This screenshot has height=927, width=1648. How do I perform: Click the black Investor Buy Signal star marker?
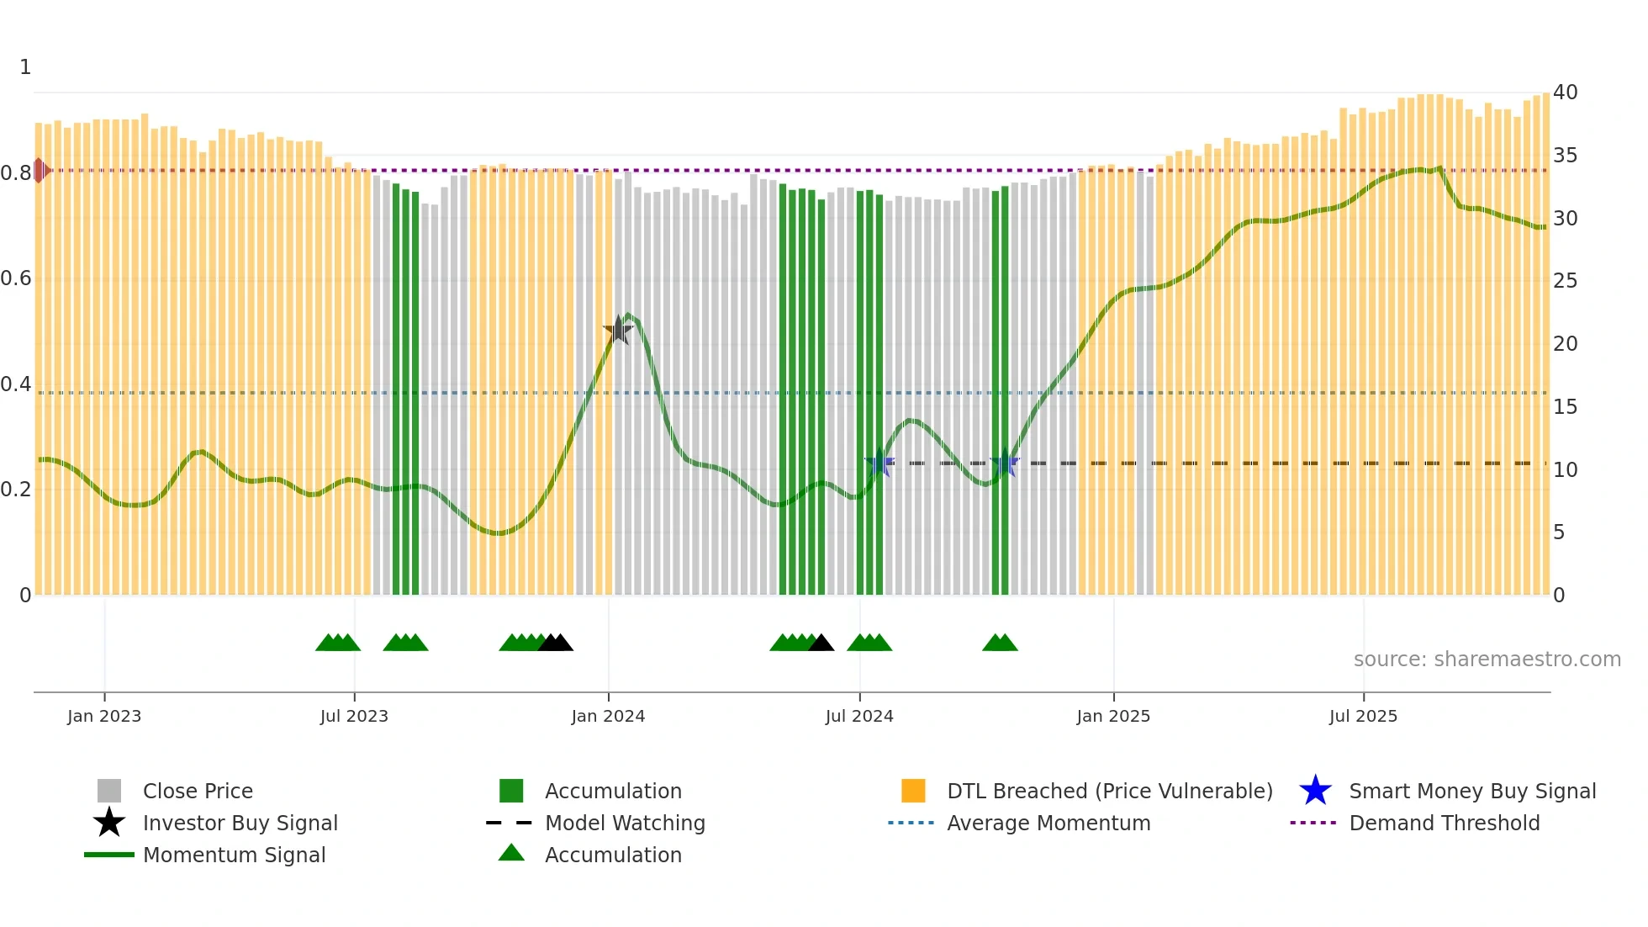(x=618, y=331)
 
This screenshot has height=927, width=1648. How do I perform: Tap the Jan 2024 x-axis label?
(x=608, y=717)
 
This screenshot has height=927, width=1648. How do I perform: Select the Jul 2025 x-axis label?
(x=1363, y=717)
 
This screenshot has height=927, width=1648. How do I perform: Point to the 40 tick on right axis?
(x=1565, y=93)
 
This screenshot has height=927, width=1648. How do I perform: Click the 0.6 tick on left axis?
(x=16, y=278)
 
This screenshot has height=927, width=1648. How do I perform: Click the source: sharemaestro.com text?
(x=1487, y=659)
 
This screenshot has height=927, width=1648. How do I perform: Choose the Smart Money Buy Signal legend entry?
(x=1471, y=792)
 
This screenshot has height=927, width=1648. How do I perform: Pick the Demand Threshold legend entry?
(x=1444, y=824)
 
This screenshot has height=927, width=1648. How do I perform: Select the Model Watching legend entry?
(x=624, y=824)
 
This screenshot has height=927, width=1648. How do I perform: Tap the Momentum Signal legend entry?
(x=234, y=855)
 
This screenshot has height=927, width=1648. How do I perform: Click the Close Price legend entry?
(x=198, y=792)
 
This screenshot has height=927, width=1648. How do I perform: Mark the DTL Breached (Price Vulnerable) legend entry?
(x=1109, y=792)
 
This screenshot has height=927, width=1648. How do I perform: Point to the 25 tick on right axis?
(x=1565, y=281)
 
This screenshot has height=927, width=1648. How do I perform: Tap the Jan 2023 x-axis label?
(x=104, y=717)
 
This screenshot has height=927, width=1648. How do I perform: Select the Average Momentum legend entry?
(x=1048, y=824)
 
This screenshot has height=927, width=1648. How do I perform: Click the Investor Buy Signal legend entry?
(x=240, y=824)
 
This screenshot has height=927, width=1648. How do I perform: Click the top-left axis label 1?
(x=25, y=67)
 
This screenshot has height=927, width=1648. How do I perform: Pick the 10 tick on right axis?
(x=1565, y=470)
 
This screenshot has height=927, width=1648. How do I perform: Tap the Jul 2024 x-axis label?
(x=859, y=717)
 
